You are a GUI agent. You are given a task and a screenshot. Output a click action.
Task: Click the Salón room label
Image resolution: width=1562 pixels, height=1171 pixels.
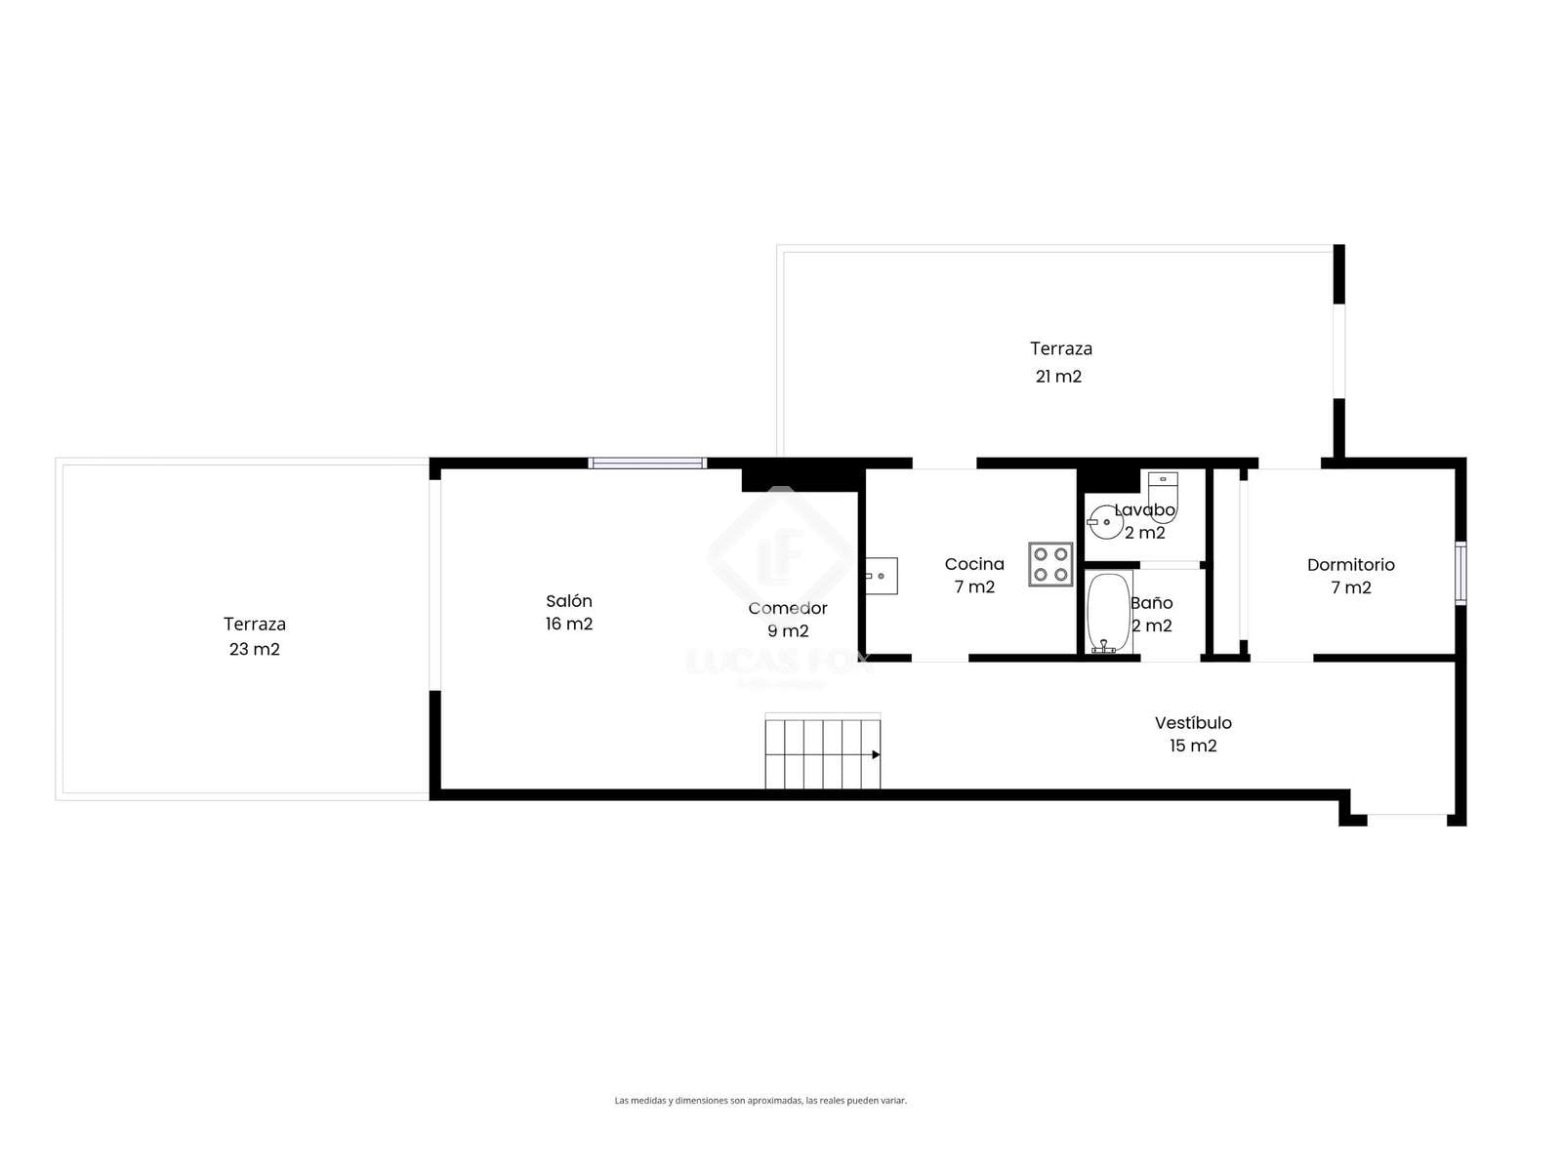[x=568, y=601]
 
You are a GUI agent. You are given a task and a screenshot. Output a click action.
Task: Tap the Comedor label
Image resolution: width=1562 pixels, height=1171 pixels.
[x=788, y=608]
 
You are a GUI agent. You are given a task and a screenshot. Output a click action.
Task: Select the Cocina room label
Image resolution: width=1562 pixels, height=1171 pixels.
[x=974, y=564]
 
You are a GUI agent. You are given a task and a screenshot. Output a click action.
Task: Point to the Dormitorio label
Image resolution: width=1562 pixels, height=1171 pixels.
[x=1351, y=565]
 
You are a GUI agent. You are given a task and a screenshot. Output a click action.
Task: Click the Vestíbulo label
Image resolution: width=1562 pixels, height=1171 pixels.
[x=1193, y=722]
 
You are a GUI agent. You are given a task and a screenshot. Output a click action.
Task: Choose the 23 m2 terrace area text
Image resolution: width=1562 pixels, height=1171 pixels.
[x=254, y=649]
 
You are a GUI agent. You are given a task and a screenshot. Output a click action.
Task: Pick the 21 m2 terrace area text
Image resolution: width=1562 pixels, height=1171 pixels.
[x=1058, y=376]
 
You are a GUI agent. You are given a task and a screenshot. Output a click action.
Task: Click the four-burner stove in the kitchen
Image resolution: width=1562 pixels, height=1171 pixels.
[x=1050, y=564]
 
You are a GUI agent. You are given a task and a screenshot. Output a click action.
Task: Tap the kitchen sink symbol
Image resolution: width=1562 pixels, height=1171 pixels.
[x=881, y=575]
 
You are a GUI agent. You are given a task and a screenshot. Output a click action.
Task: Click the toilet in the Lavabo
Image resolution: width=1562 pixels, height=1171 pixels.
[x=1163, y=497]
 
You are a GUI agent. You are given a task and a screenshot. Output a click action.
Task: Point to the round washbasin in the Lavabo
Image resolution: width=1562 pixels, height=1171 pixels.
[x=1105, y=522]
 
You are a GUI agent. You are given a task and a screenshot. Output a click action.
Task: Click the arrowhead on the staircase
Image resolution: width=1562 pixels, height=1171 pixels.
[x=876, y=754]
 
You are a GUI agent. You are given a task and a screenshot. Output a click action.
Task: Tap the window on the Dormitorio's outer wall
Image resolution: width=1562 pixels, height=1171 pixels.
[x=1460, y=573]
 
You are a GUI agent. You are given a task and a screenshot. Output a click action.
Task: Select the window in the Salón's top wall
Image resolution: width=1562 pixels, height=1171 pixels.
[x=647, y=463]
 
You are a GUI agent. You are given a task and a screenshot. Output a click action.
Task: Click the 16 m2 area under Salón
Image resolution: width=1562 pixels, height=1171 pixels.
[x=568, y=624]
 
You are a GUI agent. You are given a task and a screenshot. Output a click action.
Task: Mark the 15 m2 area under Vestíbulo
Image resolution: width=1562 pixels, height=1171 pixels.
[x=1193, y=746]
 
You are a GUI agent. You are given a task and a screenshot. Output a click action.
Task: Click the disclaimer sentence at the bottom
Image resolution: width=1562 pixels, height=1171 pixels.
[x=760, y=1101]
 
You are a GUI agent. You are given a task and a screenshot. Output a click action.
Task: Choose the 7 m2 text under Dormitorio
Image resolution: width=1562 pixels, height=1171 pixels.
[x=1351, y=587]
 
